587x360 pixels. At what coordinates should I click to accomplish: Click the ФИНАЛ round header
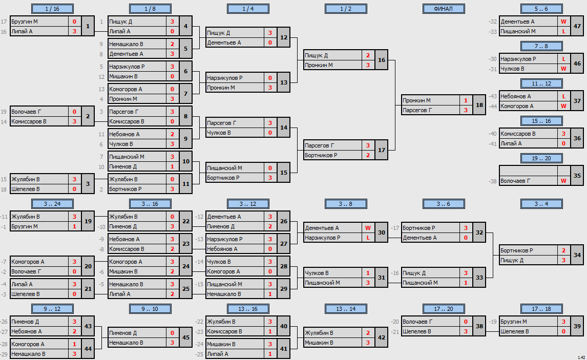click(x=444, y=9)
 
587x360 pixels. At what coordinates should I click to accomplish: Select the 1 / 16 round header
click(x=52, y=9)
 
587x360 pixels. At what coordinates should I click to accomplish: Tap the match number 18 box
click(x=479, y=105)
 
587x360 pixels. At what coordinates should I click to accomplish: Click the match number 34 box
click(x=577, y=255)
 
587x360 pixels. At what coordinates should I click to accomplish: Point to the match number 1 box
click(x=88, y=26)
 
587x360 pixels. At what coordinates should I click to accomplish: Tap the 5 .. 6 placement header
click(x=541, y=9)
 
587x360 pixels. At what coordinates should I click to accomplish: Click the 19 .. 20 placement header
click(x=541, y=158)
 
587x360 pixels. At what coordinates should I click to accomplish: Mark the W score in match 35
click(x=563, y=181)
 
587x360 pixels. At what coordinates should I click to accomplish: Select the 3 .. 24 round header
click(x=52, y=204)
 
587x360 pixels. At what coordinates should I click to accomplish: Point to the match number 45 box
click(x=186, y=337)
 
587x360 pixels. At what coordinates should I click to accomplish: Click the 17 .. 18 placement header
click(x=541, y=309)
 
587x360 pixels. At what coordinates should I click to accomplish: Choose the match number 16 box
click(x=382, y=60)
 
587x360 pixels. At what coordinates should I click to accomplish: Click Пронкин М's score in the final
click(x=466, y=100)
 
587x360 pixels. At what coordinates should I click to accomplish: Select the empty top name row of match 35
click(x=528, y=171)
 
